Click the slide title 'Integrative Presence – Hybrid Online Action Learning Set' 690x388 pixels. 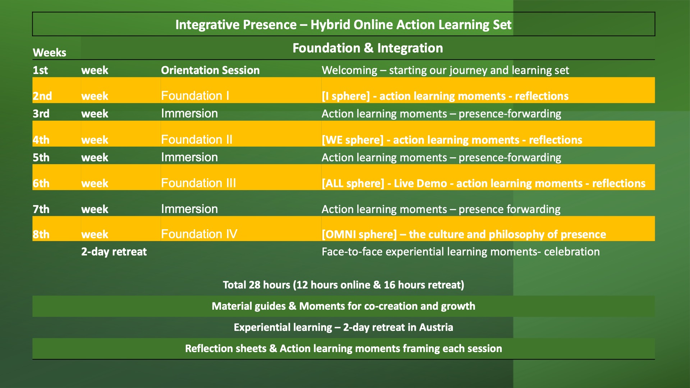(343, 24)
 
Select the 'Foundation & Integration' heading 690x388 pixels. (368, 48)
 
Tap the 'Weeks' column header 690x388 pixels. (50, 52)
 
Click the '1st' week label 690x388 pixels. (40, 70)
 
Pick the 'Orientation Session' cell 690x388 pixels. (210, 70)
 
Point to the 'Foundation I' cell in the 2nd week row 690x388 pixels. (195, 96)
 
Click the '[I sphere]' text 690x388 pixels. (346, 96)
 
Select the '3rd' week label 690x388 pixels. (41, 114)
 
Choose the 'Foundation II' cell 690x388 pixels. (197, 139)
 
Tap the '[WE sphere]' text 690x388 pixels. (353, 140)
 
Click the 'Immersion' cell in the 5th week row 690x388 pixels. (189, 157)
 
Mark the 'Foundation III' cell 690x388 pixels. (198, 183)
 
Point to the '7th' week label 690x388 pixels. (41, 209)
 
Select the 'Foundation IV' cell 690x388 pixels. (199, 234)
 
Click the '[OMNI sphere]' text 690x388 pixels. (359, 235)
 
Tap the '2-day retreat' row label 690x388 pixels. (114, 251)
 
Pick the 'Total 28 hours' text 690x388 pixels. (256, 285)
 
